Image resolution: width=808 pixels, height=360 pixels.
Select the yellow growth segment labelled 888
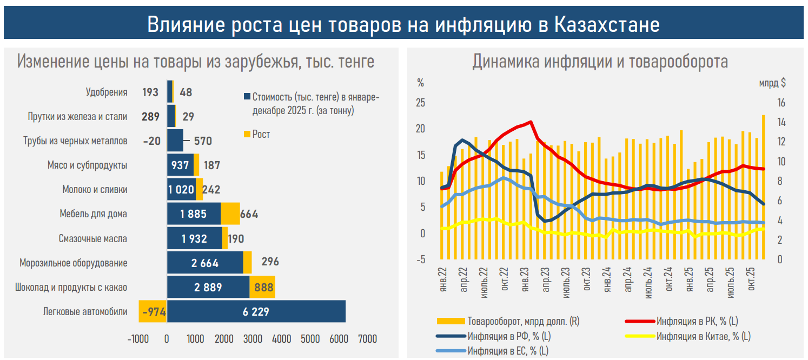coord(263,287)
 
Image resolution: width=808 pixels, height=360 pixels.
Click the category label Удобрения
coord(107,92)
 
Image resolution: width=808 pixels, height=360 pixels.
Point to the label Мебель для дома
coord(93,214)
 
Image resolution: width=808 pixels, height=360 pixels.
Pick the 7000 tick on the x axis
coord(367,339)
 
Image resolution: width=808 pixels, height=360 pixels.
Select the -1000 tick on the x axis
coord(138,339)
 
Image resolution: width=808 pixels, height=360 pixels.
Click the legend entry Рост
coord(261,134)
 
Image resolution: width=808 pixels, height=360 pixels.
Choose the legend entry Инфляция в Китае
coord(703,336)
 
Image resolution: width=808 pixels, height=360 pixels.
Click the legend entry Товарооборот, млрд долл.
coord(523,322)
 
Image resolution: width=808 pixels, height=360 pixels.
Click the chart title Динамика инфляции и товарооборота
coord(600,62)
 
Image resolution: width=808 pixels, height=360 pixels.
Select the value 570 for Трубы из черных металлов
coord(203,141)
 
